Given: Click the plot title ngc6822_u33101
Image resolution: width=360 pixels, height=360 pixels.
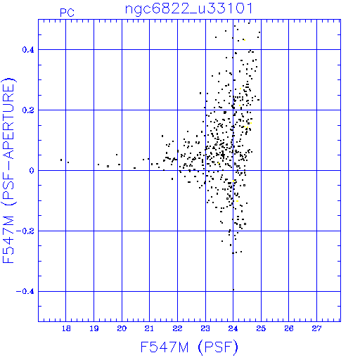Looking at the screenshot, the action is click(189, 9).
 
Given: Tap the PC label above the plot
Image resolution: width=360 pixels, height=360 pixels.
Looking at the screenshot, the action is click(67, 13).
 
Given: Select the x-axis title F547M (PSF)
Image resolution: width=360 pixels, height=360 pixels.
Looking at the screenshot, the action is click(189, 347).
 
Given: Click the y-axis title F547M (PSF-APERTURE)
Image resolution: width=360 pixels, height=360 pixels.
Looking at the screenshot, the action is click(9, 170).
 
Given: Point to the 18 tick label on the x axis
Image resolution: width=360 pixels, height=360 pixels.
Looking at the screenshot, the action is click(66, 328).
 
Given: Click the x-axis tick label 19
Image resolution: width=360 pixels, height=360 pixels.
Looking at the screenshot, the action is click(94, 328).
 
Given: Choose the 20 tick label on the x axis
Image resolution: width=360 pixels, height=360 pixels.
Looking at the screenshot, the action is click(122, 328).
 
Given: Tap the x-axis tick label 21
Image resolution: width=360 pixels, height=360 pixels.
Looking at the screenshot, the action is click(149, 328).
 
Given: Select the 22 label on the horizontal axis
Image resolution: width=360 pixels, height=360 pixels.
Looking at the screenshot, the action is click(177, 328).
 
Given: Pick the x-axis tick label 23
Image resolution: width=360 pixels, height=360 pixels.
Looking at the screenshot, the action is click(205, 328).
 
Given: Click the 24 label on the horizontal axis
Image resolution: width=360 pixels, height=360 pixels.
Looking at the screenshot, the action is click(233, 328).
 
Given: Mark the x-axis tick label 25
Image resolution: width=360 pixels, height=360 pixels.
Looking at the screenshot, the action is click(261, 328).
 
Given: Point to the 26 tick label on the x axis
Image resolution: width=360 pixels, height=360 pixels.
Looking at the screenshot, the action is click(289, 328).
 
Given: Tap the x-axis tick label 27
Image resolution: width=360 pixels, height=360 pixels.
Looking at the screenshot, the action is click(316, 328).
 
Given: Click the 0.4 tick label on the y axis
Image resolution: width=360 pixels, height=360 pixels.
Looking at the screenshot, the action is click(28, 50).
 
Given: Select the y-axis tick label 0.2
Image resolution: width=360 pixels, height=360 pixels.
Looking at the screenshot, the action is click(28, 110).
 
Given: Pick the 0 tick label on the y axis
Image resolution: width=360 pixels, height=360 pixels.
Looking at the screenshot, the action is click(32, 171).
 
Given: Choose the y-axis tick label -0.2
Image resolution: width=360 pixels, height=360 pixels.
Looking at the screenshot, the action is click(25, 231).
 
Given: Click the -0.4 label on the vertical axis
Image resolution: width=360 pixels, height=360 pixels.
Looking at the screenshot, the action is click(25, 292).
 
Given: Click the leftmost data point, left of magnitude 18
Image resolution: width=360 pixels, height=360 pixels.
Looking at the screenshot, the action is click(61, 160).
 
